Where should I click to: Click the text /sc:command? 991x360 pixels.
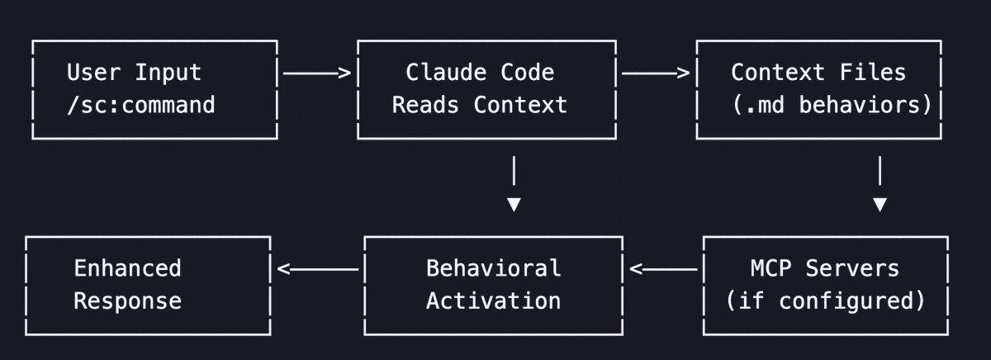click(140, 105)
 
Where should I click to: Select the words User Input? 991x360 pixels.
click(134, 72)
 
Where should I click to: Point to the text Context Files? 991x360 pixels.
click(818, 72)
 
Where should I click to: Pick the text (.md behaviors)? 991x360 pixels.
click(832, 105)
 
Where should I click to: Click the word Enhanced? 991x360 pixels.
click(127, 268)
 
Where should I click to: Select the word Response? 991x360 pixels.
click(127, 301)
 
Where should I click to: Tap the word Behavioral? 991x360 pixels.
click(493, 268)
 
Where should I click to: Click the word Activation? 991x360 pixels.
click(493, 301)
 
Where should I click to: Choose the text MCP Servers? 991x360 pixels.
click(824, 268)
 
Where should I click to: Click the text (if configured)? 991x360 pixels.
click(825, 301)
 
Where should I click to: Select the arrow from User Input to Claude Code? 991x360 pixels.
click(317, 73)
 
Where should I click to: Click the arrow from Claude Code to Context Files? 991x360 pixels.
click(655, 73)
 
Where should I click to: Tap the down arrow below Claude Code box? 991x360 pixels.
click(514, 186)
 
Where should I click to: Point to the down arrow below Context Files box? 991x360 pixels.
click(880, 186)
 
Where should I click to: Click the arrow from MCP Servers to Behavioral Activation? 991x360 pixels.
click(663, 268)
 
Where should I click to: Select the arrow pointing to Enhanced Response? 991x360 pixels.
click(317, 268)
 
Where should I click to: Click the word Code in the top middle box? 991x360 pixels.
click(527, 72)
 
